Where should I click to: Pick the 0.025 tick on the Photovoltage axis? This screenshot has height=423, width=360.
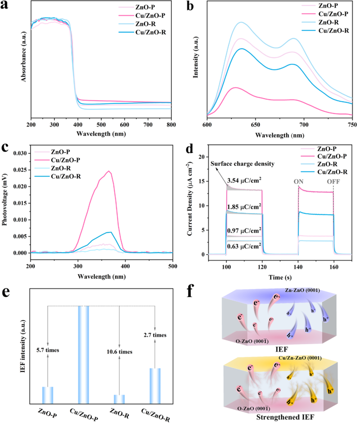[x=20, y=170]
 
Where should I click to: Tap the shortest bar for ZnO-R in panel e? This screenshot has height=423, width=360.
[x=119, y=399]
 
